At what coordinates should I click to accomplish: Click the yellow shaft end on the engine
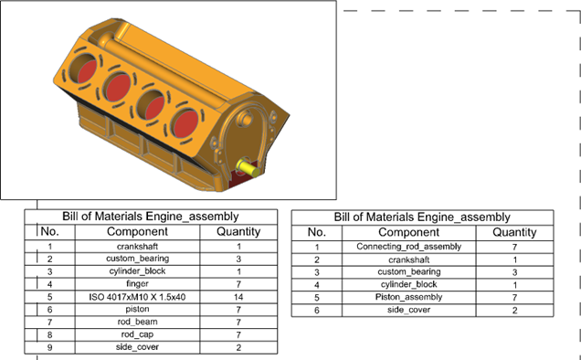pos(248,168)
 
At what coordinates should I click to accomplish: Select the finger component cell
pos(137,284)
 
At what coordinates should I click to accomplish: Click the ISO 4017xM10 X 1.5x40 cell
pos(137,297)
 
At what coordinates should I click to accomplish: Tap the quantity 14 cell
pos(238,297)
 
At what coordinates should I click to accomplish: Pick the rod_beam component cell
pos(137,323)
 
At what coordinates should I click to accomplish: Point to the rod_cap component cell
pos(137,334)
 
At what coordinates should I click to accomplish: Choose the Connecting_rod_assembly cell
pos(408,247)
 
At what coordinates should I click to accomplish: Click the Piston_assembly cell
pos(408,297)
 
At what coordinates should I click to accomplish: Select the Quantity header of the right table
pos(514,232)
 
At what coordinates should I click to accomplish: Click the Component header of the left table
pos(137,232)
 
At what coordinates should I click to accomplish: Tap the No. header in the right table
pos(317,232)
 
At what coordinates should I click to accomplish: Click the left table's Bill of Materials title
pos(151,217)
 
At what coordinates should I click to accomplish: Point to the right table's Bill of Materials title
pos(422,217)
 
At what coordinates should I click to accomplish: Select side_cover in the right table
pos(408,310)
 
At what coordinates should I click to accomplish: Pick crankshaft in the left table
pos(137,247)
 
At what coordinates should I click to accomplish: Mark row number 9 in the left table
pos(50,347)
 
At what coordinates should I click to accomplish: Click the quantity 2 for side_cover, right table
pos(514,311)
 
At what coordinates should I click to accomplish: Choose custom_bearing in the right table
pos(408,272)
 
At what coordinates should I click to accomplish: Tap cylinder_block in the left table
pos(137,271)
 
